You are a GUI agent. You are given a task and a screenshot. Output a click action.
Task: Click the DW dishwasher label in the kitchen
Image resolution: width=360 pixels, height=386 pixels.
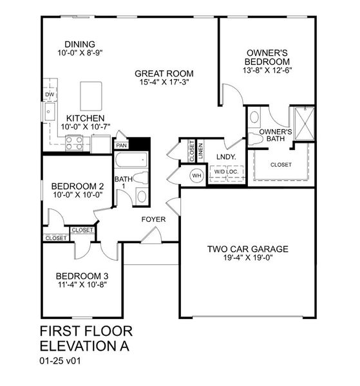click(49, 95)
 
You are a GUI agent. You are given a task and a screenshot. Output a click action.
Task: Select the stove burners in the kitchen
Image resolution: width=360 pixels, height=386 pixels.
click(75, 145)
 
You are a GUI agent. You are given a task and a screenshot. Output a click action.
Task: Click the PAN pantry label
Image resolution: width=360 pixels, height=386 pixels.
click(122, 146)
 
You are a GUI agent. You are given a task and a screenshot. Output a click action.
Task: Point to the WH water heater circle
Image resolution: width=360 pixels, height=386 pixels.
click(197, 174)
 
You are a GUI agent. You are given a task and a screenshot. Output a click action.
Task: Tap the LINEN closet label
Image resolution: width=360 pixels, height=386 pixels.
click(201, 151)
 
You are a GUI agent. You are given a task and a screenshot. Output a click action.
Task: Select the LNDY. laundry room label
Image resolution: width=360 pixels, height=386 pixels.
click(225, 156)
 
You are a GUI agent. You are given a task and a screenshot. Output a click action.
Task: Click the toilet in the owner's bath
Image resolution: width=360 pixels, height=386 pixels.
click(254, 119)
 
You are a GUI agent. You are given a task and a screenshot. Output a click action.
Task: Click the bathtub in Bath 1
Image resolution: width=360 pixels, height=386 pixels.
click(131, 160)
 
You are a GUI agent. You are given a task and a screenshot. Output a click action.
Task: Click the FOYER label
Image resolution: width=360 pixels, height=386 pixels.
click(154, 219)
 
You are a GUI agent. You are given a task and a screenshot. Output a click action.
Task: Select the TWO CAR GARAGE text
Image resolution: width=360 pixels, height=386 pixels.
click(247, 249)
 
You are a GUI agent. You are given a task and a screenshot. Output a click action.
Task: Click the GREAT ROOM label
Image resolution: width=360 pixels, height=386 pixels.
click(165, 73)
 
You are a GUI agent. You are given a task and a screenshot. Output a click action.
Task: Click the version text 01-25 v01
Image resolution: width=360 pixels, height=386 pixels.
click(62, 361)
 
